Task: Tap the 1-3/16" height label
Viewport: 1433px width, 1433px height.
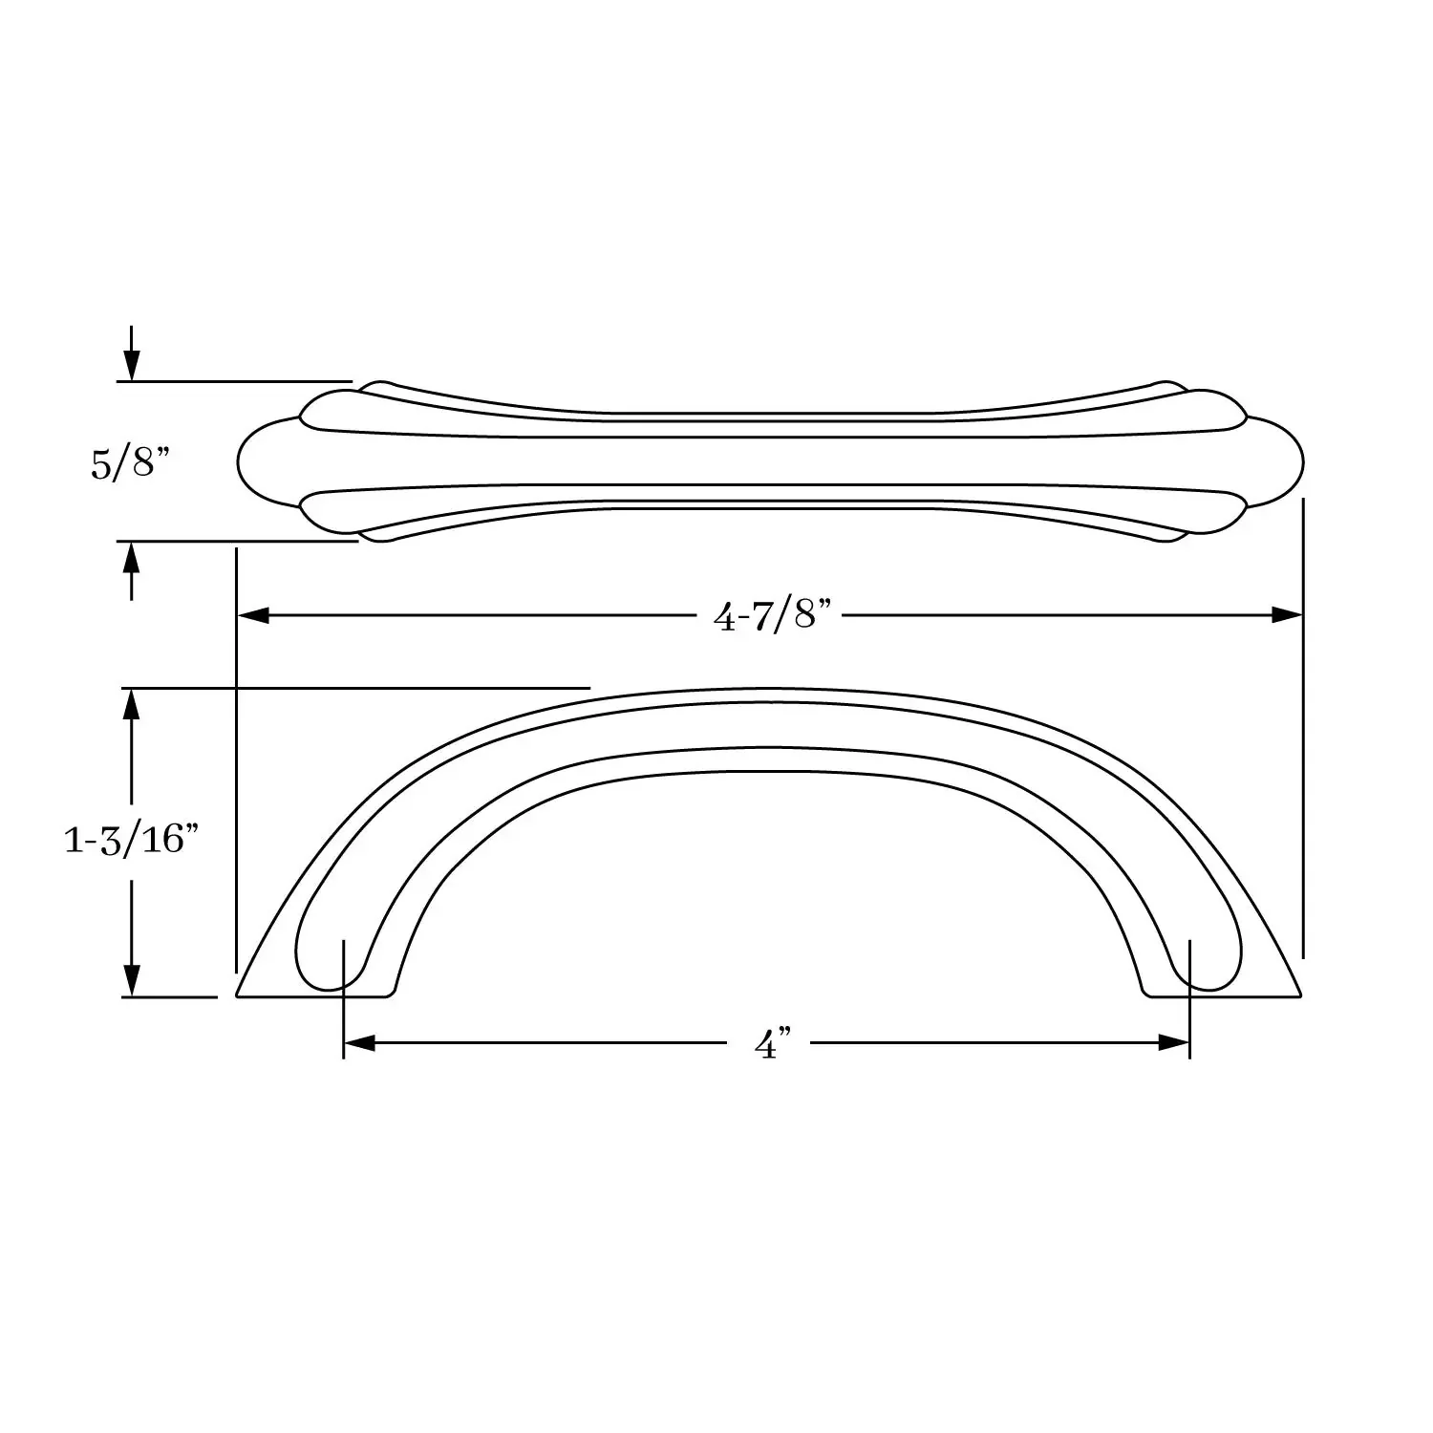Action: (131, 841)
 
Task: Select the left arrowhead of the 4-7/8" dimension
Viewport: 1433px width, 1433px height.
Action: (252, 615)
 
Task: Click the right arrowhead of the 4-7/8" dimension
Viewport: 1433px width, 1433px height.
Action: (1287, 615)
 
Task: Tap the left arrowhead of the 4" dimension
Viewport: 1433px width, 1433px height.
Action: (359, 1043)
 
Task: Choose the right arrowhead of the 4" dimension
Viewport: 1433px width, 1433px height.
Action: (1174, 1043)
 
